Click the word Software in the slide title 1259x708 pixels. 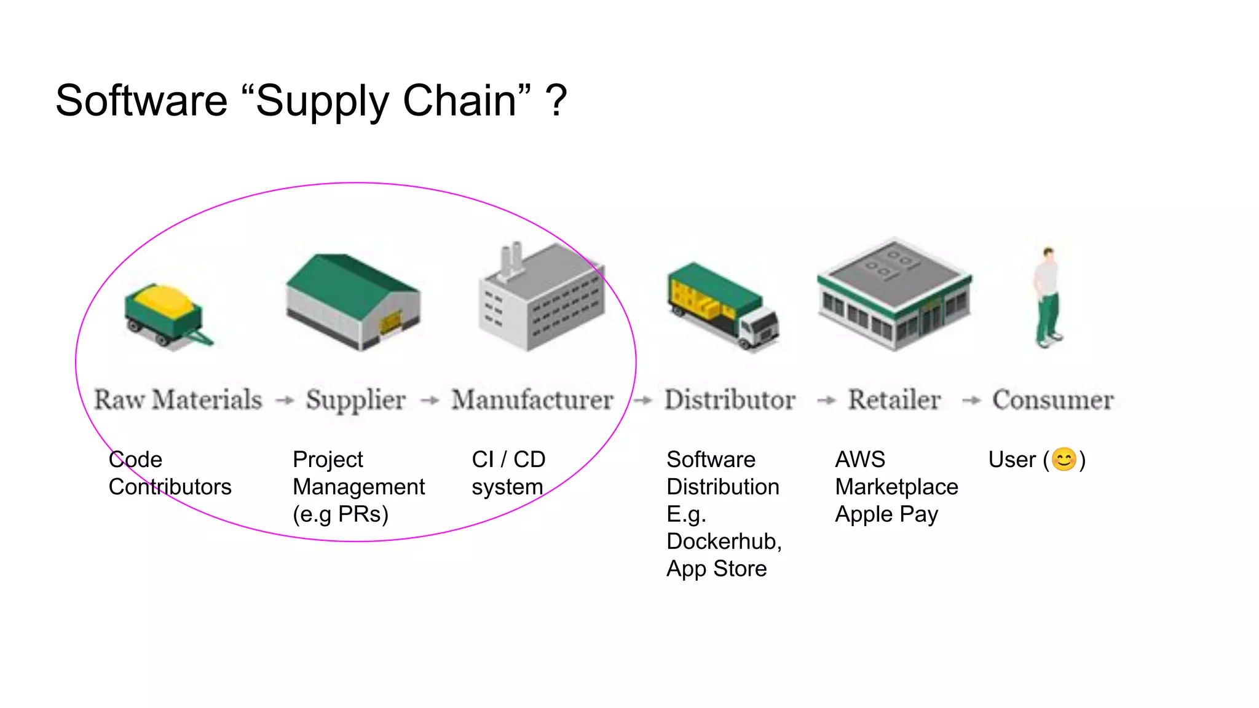(141, 101)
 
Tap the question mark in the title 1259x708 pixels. (556, 101)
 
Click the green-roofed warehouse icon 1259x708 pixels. (353, 301)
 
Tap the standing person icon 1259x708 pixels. (1048, 297)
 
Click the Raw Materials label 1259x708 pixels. (178, 400)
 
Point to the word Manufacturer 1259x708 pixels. (532, 400)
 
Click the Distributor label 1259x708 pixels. (730, 400)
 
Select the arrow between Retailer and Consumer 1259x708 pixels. (971, 401)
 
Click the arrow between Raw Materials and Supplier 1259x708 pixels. (284, 401)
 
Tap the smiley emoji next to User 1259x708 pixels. (1064, 460)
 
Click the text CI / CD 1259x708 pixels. (508, 460)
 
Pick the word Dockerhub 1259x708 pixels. (723, 541)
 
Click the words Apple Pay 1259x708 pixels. (886, 514)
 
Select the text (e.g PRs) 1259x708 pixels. (341, 514)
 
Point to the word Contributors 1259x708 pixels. (170, 487)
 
